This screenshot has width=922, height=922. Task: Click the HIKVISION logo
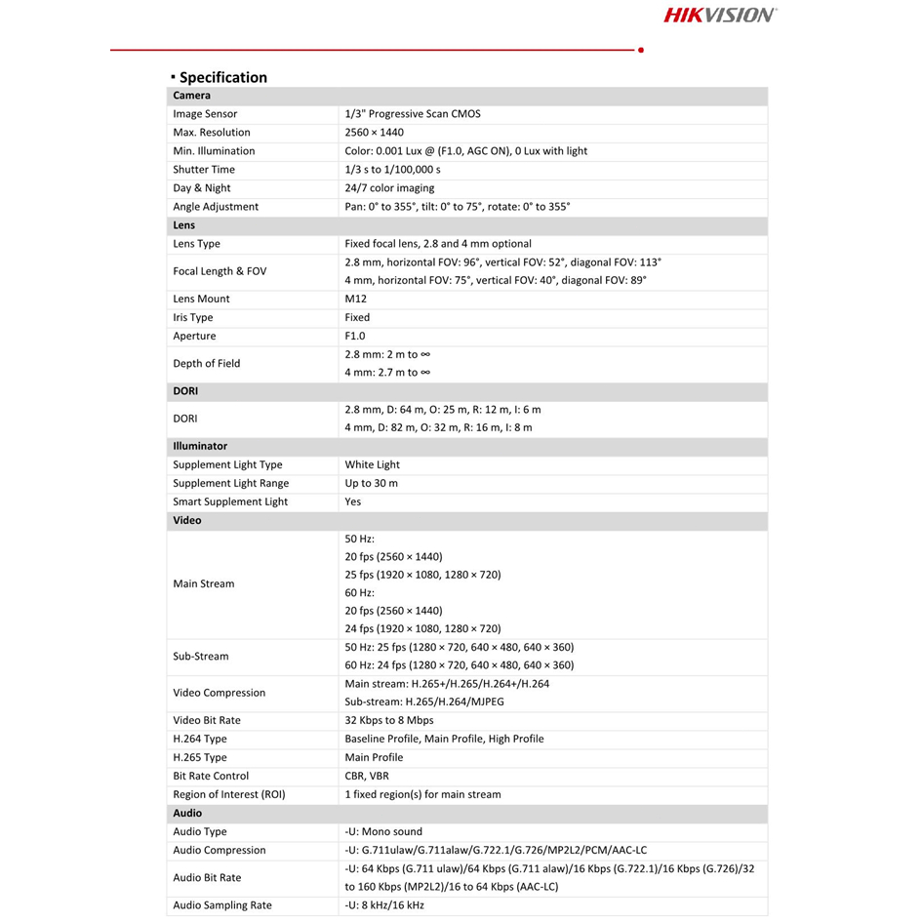720,15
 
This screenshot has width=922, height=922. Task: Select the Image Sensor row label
205,114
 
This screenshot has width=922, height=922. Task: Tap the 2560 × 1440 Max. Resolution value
374,133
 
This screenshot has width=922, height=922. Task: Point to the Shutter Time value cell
392,170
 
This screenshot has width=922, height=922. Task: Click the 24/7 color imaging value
389,188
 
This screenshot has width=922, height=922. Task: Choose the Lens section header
184,225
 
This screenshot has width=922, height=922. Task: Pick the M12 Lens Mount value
356,300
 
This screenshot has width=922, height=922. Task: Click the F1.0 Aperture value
355,337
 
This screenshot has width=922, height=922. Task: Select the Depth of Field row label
206,364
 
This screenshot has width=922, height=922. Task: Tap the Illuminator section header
200,446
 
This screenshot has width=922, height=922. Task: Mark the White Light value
372,465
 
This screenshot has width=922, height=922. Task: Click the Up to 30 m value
371,484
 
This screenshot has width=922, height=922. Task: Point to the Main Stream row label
203,584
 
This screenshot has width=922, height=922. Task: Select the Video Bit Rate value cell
388,721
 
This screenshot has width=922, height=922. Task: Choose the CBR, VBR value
367,777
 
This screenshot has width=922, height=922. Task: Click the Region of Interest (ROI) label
229,795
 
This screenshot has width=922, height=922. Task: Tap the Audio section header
187,813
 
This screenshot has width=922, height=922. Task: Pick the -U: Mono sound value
383,832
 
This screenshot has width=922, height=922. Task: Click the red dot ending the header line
640,49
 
